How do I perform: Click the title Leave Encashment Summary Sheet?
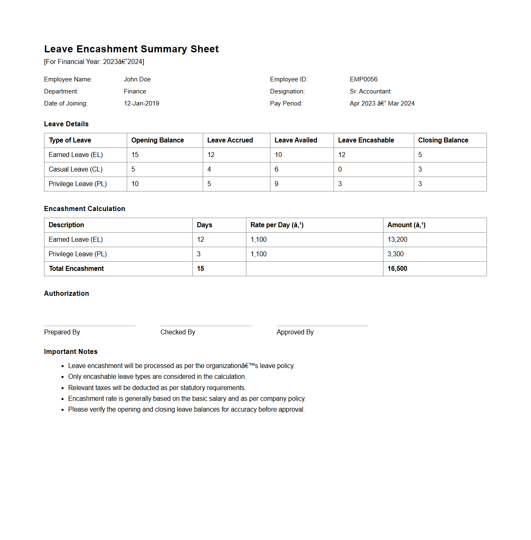click(x=131, y=49)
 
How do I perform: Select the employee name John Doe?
click(x=137, y=79)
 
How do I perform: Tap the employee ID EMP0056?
click(x=364, y=79)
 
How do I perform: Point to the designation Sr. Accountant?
click(x=370, y=91)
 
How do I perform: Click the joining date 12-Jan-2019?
click(x=141, y=103)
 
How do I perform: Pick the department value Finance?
click(x=135, y=91)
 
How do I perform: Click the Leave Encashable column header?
click(x=366, y=140)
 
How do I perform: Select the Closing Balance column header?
click(x=443, y=140)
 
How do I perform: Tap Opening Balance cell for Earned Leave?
click(x=135, y=155)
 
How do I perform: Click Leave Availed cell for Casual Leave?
click(x=277, y=169)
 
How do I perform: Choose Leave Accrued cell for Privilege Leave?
click(x=209, y=184)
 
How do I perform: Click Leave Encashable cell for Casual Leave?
click(x=340, y=169)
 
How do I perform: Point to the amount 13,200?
click(x=397, y=240)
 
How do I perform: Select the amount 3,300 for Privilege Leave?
click(x=396, y=254)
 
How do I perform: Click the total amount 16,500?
click(x=397, y=269)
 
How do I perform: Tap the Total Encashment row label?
click(x=76, y=269)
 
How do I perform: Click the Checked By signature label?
click(x=178, y=332)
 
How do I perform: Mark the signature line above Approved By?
click(x=322, y=326)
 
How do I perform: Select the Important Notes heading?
click(x=71, y=352)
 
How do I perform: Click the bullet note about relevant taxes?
click(x=157, y=388)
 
